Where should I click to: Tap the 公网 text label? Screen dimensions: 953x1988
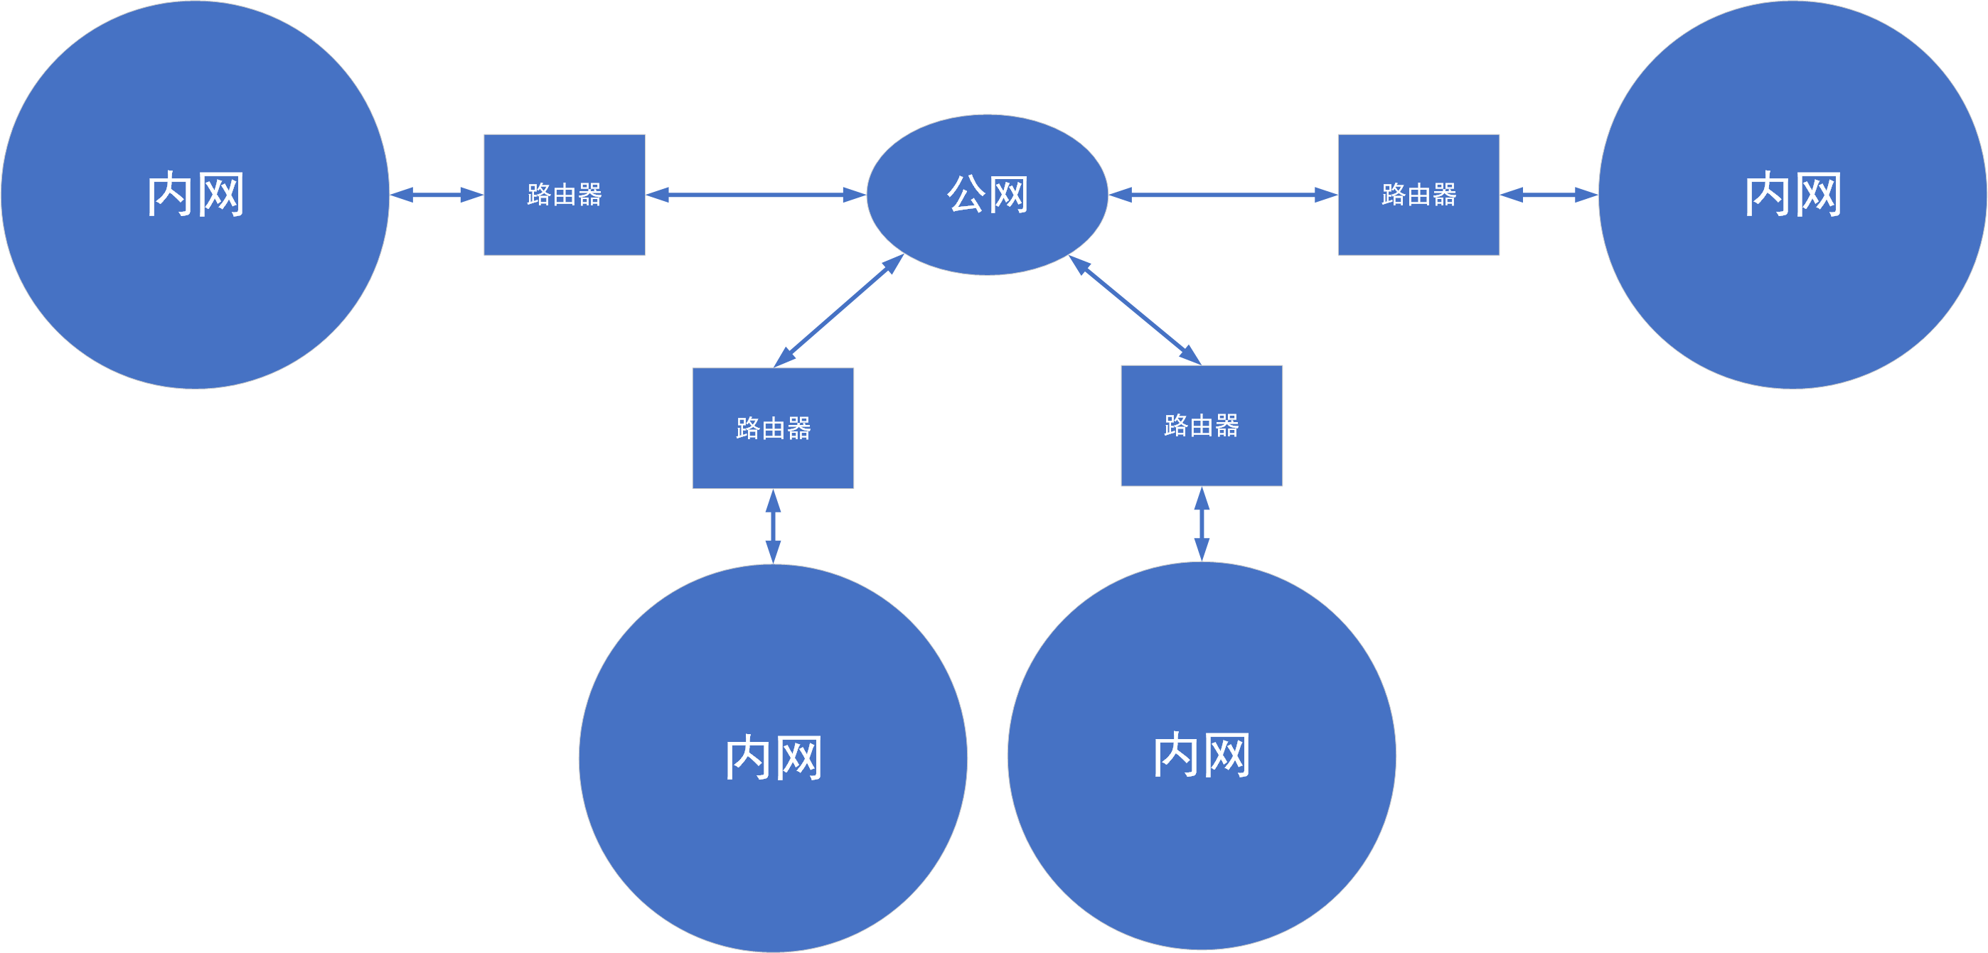(x=987, y=194)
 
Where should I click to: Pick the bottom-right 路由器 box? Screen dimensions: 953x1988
(x=1201, y=458)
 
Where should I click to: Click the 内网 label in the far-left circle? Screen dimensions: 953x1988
(x=196, y=195)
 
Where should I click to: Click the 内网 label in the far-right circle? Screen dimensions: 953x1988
(x=1792, y=195)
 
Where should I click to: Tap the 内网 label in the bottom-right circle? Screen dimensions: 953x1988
(x=1201, y=755)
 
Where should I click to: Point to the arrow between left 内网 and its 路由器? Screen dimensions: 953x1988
(x=436, y=195)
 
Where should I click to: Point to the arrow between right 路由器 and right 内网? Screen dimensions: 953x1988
(x=1548, y=195)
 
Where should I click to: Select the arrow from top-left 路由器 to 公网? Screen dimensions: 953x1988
(x=756, y=195)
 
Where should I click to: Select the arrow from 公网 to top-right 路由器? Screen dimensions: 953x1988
(x=1222, y=195)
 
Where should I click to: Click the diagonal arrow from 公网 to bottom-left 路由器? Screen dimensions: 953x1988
(x=838, y=311)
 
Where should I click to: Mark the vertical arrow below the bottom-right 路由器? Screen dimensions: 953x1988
(x=1201, y=524)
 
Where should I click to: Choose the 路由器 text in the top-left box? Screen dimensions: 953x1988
(x=564, y=195)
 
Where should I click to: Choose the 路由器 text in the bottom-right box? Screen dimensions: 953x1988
(x=1201, y=425)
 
